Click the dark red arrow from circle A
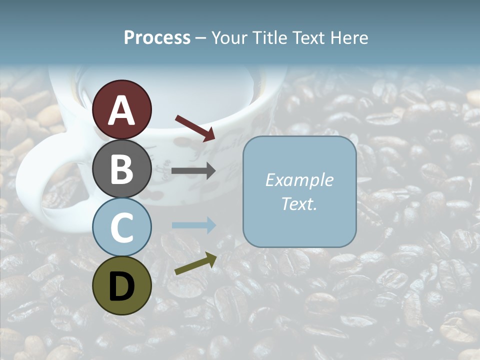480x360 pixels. (195, 128)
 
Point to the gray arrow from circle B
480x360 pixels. (193, 171)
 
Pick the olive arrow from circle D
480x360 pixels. (195, 264)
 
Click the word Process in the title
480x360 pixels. (157, 38)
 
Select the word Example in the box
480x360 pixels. (299, 180)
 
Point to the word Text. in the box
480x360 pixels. (299, 203)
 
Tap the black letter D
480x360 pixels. (121, 286)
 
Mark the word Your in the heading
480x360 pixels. (230, 38)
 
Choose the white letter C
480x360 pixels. (121, 228)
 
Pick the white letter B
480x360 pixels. (121, 169)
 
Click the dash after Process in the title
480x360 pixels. (201, 38)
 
